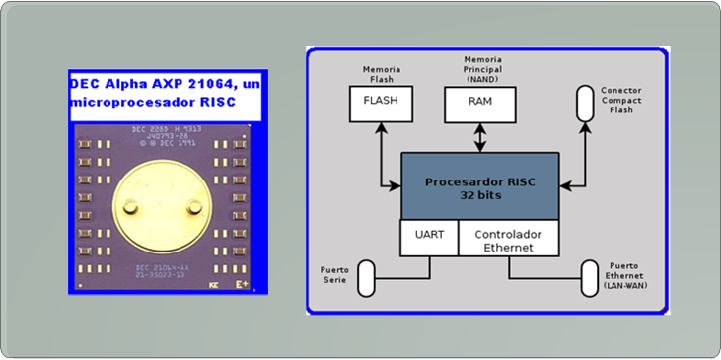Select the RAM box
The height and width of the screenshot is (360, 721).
479,102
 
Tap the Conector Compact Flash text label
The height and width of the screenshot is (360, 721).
621,99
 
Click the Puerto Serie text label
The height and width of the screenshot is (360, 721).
334,271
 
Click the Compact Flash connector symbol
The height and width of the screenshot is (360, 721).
585,102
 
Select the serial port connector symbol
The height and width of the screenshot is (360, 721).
366,277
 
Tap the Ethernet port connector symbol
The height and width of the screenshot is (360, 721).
589,277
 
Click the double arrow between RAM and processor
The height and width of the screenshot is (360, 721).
480,138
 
